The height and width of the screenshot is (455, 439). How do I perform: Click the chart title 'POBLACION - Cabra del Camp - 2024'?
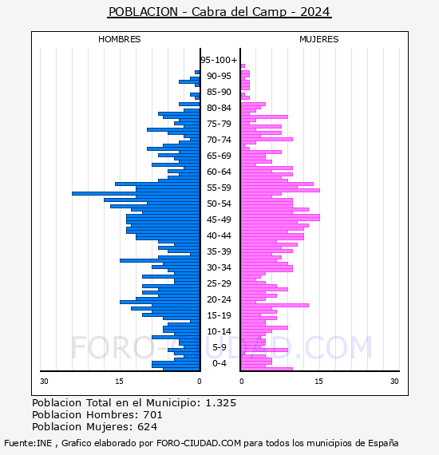219,12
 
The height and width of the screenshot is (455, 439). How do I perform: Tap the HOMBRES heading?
119,39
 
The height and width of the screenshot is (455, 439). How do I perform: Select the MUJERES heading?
319,39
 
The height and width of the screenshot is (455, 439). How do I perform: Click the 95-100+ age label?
219,60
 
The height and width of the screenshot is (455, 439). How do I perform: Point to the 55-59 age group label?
219,188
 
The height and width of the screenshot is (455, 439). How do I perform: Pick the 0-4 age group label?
219,363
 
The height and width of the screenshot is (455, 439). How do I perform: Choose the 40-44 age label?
219,235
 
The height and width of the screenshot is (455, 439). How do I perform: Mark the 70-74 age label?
219,140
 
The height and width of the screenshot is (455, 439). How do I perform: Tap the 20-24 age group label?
219,299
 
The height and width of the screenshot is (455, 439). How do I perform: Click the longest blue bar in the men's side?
136,193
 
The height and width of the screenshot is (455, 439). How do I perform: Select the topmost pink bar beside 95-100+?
243,66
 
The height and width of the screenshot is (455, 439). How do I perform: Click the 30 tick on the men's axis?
44,382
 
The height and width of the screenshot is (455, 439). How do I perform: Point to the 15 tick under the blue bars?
119,382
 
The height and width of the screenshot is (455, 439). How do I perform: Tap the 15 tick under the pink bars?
318,382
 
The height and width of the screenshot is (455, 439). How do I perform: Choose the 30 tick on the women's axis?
394,382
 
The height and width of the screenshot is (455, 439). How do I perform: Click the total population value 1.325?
221,403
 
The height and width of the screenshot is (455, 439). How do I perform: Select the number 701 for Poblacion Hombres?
153,415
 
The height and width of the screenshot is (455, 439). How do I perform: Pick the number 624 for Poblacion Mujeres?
148,427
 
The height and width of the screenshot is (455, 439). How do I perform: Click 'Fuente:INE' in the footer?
28,443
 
